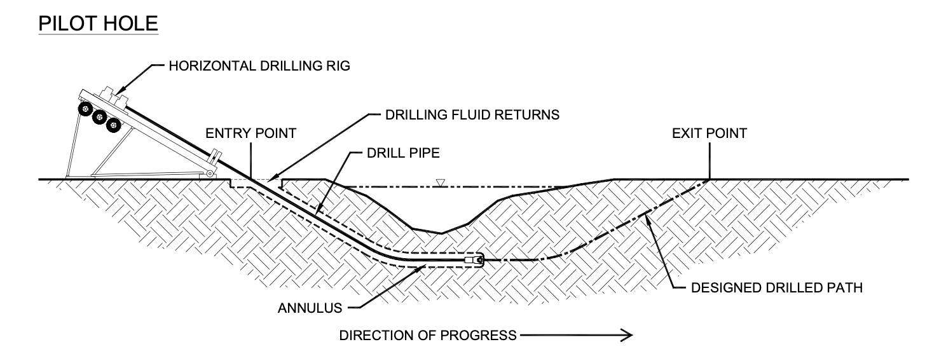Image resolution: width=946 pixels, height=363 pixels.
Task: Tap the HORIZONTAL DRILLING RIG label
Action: (259, 66)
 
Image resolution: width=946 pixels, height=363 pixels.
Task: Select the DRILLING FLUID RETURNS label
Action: (472, 115)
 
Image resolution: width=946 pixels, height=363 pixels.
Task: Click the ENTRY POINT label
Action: (250, 134)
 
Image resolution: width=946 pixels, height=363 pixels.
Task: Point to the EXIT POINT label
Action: (709, 134)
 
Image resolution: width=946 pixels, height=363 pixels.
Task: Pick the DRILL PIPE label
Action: (408, 153)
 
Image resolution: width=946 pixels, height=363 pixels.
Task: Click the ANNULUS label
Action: (310, 308)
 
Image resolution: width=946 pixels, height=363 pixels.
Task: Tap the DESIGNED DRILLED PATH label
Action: (776, 287)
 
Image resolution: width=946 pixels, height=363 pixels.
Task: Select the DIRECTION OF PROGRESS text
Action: (428, 335)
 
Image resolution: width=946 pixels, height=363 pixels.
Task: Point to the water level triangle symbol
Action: (440, 184)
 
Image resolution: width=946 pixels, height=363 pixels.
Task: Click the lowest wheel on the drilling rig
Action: (113, 126)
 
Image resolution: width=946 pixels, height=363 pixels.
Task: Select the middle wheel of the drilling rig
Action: (99, 118)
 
